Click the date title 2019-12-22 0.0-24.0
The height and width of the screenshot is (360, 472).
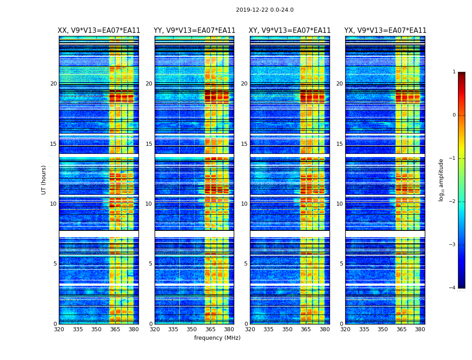click(264, 10)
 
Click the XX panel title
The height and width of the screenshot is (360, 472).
click(99, 31)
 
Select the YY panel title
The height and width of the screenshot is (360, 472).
click(194, 31)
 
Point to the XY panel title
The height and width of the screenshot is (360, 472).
click(290, 31)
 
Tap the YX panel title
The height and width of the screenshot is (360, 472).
click(385, 31)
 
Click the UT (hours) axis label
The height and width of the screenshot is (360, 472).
click(44, 180)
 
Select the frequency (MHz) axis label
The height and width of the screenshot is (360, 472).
click(217, 338)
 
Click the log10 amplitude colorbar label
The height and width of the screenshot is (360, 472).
click(441, 180)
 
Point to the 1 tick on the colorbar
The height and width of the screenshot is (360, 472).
click(454, 72)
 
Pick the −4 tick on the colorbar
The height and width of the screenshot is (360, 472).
click(453, 288)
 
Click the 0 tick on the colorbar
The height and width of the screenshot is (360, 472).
click(454, 115)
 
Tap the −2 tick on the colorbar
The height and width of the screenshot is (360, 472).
click(453, 202)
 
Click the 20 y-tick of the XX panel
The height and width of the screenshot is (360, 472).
click(53, 84)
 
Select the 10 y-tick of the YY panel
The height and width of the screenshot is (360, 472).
click(149, 204)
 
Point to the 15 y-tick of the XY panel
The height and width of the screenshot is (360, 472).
click(244, 144)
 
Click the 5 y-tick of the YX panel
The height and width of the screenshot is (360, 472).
click(341, 264)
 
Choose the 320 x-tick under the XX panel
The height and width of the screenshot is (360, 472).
click(59, 329)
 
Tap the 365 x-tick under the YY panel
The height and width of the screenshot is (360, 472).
click(210, 329)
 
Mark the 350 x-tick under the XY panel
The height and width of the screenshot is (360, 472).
click(287, 329)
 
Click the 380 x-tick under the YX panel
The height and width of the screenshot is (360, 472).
click(420, 329)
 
